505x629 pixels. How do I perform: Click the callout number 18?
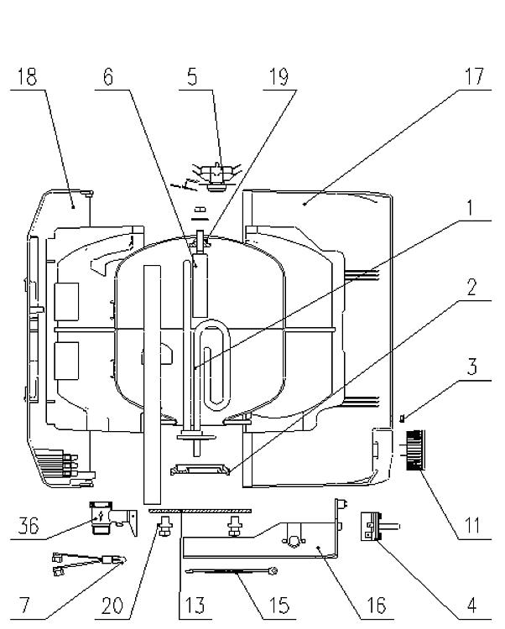click(x=28, y=76)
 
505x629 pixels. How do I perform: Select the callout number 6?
click(x=108, y=76)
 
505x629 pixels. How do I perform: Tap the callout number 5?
click(x=193, y=76)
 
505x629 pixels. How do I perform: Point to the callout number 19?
click(x=279, y=76)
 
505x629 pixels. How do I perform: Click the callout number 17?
click(x=475, y=76)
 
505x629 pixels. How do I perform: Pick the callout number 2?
click(x=471, y=287)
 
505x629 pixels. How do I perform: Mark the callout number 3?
click(x=472, y=366)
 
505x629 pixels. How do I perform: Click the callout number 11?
click(x=472, y=526)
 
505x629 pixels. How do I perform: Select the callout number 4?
click(x=472, y=605)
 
